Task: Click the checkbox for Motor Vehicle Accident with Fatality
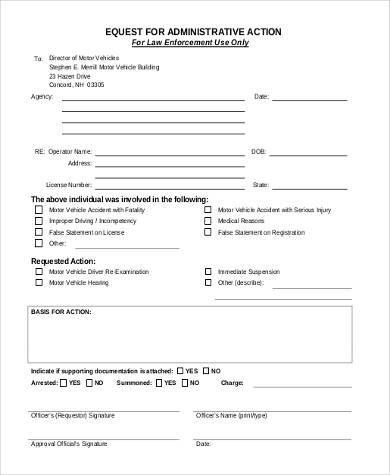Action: [37, 211]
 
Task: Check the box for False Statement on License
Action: [37, 232]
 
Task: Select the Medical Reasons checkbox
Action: [208, 221]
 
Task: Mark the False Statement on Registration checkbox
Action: [208, 232]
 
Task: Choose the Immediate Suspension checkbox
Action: [208, 271]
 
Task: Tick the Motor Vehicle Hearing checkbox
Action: [37, 282]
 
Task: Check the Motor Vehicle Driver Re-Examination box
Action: [37, 271]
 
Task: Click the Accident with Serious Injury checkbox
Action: [208, 211]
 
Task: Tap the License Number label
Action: [69, 185]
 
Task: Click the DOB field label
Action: [258, 151]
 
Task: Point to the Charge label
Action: [232, 381]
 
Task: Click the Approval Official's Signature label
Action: [69, 443]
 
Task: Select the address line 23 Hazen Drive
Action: [69, 76]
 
